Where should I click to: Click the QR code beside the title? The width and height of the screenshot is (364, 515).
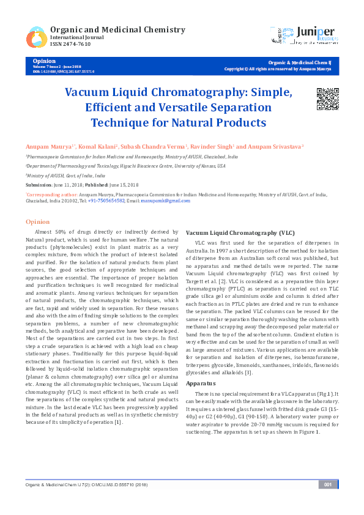tap(327, 98)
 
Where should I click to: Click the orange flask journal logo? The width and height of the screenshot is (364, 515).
tap(36, 37)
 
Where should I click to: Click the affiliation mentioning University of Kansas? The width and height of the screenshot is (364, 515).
tap(125, 166)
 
